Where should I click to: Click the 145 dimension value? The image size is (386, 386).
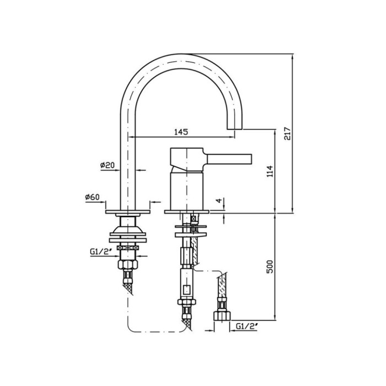click(181, 132)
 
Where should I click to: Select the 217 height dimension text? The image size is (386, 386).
click(287, 133)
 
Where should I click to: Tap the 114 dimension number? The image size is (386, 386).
click(270, 171)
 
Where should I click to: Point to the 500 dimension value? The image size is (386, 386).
click(270, 266)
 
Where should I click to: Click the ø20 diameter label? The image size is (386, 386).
click(108, 165)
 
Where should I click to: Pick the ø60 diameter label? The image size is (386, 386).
click(92, 197)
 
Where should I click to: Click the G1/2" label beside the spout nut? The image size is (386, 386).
click(101, 251)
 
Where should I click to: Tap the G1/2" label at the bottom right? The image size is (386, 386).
click(247, 326)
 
